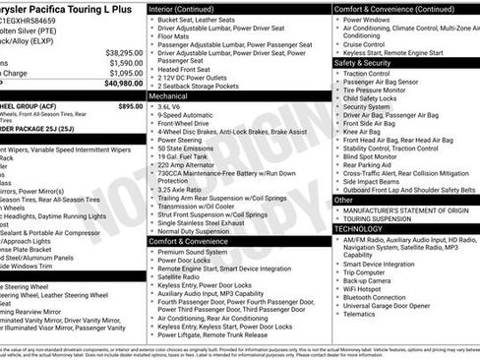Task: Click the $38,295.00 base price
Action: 125,51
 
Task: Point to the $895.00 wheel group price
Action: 130,105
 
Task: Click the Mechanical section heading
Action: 168,96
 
